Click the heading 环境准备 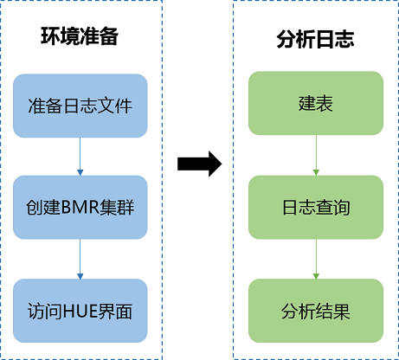80,36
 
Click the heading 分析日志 315,39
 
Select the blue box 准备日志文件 80,106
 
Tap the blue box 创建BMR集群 80,207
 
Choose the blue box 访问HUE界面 80,311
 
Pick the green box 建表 316,103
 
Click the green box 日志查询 316,207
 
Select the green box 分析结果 316,311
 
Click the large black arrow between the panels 200,164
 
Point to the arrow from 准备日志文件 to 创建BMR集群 80,157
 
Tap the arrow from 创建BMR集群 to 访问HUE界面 80,259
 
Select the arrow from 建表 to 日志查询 316,155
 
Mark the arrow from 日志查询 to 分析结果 316,259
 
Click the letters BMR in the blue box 80,208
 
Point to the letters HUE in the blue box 80,312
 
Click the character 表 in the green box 325,103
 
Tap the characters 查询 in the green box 333,208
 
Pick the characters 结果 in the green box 333,312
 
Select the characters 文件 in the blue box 115,106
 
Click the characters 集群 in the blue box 117,208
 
